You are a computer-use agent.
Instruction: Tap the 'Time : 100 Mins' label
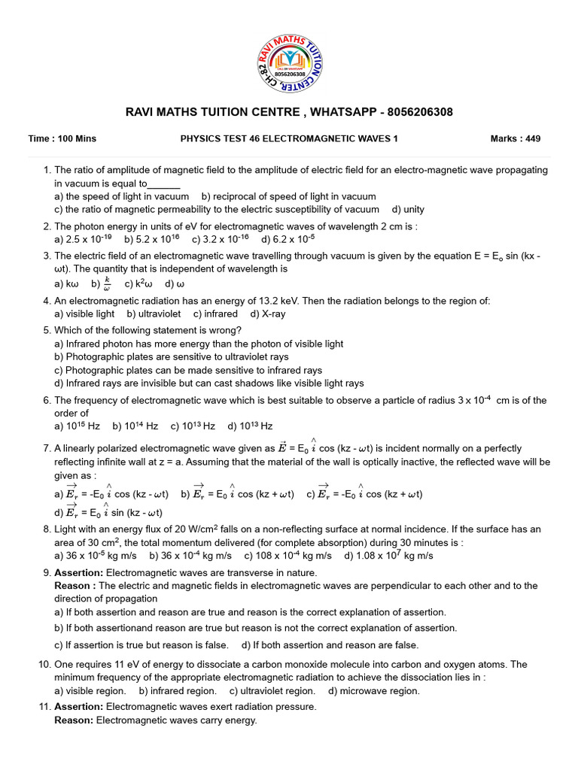(x=62, y=139)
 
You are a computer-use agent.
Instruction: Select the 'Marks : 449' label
(x=516, y=139)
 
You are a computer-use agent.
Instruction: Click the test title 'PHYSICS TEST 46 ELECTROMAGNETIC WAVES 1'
(x=289, y=139)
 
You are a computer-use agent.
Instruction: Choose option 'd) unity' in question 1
(x=408, y=209)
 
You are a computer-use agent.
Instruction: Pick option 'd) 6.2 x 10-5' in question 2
(x=287, y=239)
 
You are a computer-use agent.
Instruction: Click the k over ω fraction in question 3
(x=106, y=283)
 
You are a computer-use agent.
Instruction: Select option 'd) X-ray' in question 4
(x=268, y=314)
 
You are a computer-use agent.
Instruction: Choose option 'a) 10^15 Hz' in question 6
(x=78, y=426)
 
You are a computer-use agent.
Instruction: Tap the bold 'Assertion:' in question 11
(x=79, y=707)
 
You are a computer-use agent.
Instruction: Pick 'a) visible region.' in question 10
(x=90, y=690)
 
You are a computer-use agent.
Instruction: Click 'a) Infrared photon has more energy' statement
(x=199, y=344)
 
